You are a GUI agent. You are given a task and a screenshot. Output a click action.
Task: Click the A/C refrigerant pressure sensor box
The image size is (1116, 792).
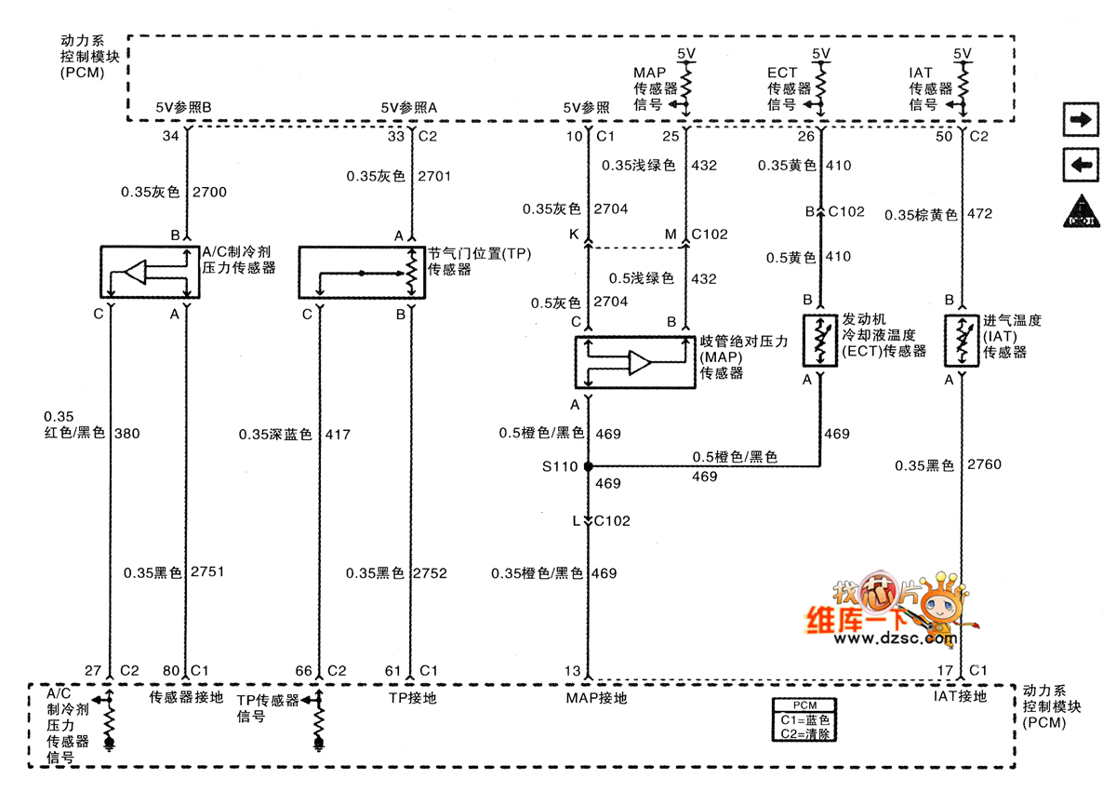click(x=149, y=273)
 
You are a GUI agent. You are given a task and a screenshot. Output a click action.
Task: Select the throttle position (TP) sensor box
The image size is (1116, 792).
click(x=362, y=273)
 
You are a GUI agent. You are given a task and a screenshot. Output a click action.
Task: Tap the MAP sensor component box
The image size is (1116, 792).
click(x=635, y=363)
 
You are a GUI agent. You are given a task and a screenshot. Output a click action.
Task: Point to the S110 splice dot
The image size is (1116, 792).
click(x=588, y=466)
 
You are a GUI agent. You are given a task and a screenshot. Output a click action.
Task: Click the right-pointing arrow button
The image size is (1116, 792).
click(x=1081, y=119)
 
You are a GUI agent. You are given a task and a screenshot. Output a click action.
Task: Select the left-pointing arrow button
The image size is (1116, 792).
click(x=1081, y=166)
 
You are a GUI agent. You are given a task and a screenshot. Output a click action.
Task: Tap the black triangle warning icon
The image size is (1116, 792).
click(x=1081, y=213)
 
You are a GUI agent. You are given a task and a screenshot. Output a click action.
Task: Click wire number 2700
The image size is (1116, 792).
click(x=209, y=193)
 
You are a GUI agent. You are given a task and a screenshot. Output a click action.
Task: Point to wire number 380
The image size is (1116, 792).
click(x=127, y=433)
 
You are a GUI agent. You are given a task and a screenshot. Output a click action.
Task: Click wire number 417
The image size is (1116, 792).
click(x=338, y=434)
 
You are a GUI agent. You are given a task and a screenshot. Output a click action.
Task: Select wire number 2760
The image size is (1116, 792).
click(x=984, y=464)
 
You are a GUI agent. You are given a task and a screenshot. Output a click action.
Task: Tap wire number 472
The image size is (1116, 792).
click(x=978, y=214)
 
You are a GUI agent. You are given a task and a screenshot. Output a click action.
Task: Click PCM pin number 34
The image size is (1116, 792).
click(x=170, y=137)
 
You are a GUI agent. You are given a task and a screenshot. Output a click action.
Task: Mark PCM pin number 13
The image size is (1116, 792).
click(x=572, y=671)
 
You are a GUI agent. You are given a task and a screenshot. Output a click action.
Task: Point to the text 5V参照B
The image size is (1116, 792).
click(x=184, y=107)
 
